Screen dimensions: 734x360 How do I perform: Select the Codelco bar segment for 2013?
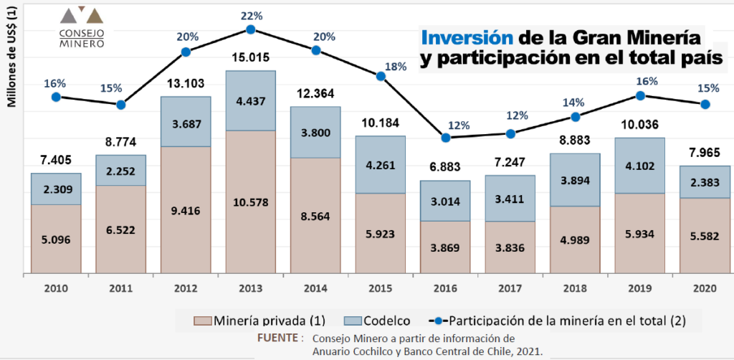250,100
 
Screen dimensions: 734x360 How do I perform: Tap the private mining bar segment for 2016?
445,247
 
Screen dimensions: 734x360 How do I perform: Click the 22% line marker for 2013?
250,29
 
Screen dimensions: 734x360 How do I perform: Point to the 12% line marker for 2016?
446,138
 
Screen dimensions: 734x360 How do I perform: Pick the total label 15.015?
250,57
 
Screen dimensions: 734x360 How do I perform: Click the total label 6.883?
445,167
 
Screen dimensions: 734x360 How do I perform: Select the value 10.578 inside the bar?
250,203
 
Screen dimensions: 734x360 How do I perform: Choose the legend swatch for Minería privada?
203,321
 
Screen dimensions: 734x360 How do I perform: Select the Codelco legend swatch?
353,321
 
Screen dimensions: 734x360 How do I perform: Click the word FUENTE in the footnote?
277,338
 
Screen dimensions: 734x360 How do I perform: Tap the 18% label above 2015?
396,67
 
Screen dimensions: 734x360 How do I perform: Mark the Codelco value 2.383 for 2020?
705,183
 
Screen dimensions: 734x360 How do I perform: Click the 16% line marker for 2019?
640,95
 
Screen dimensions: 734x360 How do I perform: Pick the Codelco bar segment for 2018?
575,180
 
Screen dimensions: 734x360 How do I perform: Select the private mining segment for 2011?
120,229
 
